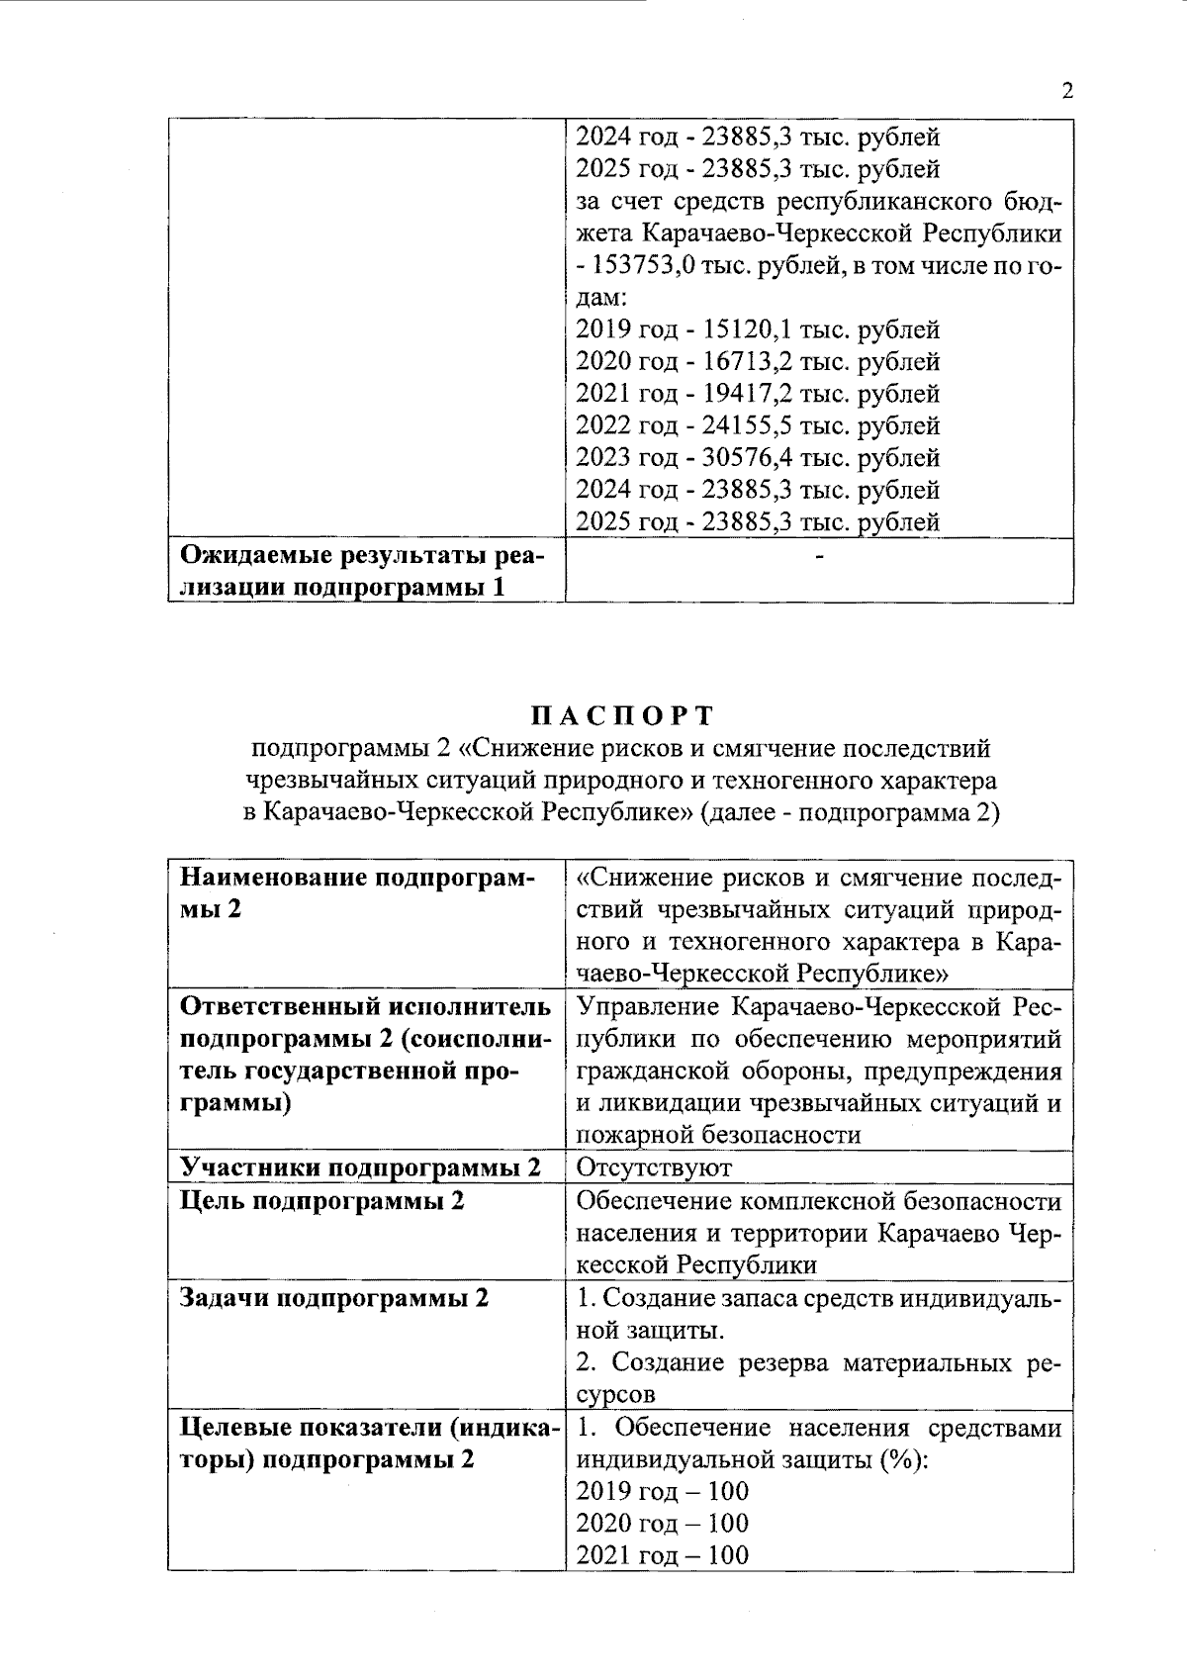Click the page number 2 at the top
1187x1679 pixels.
[1066, 92]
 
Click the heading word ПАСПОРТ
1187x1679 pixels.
[622, 715]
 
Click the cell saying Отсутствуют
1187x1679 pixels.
[654, 1167]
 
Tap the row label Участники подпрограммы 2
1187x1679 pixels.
[361, 1167]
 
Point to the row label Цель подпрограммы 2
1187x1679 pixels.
[322, 1201]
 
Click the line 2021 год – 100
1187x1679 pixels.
[662, 1554]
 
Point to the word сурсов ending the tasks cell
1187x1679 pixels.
[615, 1395]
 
